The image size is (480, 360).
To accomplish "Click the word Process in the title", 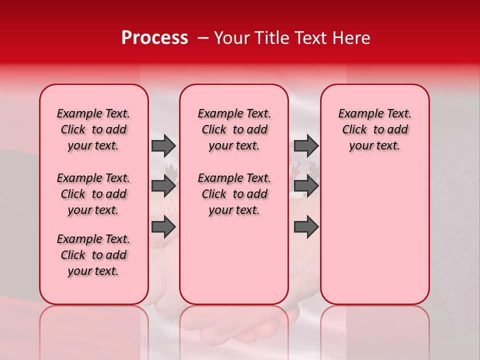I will [x=154, y=38].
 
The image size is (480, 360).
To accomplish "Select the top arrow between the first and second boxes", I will [x=163, y=145].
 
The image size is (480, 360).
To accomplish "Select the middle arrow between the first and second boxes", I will [x=163, y=186].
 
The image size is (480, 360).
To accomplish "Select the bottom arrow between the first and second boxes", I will [x=163, y=226].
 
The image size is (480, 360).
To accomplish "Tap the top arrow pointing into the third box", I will [x=306, y=145].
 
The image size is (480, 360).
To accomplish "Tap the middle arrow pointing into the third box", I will [x=306, y=186].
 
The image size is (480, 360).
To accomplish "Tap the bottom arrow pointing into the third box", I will [x=306, y=226].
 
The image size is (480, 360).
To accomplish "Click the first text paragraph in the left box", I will [x=93, y=129].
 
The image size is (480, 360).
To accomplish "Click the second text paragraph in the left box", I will [x=93, y=194].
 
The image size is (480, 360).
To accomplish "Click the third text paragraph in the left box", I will [x=93, y=255].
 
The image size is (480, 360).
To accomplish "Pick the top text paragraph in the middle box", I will [x=234, y=129].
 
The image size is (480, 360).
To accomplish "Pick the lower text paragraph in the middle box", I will [x=234, y=194].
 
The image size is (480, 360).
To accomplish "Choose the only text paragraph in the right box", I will [x=374, y=129].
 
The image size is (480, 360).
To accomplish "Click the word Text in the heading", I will [x=310, y=38].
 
